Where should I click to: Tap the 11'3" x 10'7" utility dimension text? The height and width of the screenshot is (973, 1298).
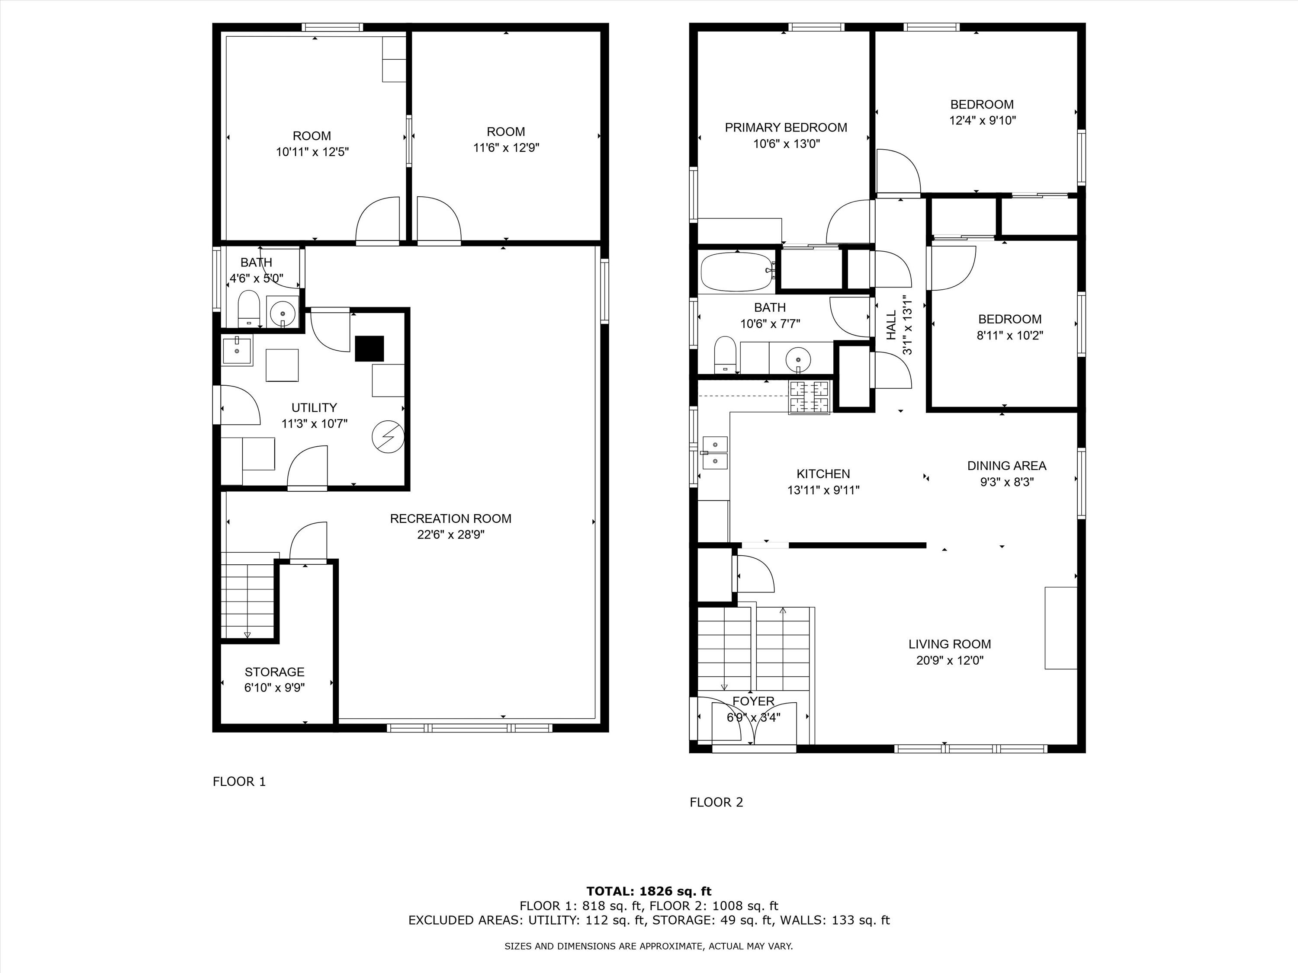pos(314,423)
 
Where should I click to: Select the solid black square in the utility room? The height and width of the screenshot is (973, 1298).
pos(369,349)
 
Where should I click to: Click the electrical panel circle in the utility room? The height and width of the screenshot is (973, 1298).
pos(387,436)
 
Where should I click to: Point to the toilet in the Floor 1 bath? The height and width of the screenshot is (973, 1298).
pos(249,308)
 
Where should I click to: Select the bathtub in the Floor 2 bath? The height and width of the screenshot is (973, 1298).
pos(737,272)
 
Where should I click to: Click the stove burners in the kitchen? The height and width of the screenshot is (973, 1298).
pos(809,397)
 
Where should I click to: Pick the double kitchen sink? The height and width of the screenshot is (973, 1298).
pos(715,453)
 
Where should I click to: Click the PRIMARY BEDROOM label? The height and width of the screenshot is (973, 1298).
pos(786,127)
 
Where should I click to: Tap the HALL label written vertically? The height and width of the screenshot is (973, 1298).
pos(891,326)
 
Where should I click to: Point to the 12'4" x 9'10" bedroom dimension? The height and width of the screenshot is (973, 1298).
pos(982,121)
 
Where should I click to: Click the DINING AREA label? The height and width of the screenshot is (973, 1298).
pos(1006,466)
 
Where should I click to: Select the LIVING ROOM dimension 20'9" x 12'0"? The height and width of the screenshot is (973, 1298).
pos(949,660)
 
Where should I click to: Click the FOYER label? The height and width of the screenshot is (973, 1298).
pos(753,701)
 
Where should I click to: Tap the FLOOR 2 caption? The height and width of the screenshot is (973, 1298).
pos(716,802)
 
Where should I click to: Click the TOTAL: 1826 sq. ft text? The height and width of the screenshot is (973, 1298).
pos(649,891)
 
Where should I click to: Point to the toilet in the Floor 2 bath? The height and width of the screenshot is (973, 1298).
pos(725,354)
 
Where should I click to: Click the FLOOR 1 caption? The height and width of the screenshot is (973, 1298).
pos(239,781)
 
